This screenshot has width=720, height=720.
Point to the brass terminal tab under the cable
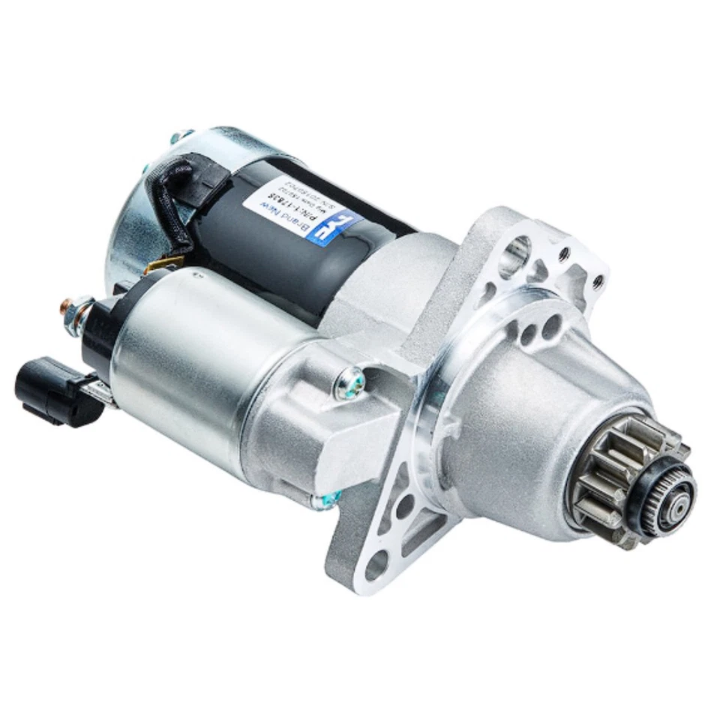point(169,262)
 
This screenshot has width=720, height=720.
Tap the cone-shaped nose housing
point(525,420)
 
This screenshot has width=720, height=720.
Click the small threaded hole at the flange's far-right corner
point(598,283)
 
